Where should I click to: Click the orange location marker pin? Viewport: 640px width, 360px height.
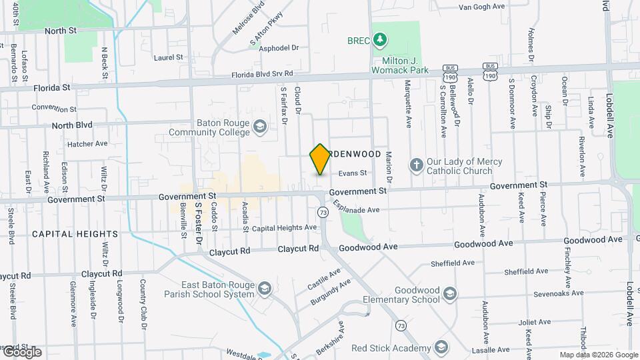(x=320, y=159)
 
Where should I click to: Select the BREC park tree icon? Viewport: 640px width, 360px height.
(x=380, y=40)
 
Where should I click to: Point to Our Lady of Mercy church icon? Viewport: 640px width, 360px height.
(x=417, y=165)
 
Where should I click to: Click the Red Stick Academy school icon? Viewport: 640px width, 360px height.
(x=441, y=347)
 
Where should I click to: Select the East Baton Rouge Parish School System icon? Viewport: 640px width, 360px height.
(x=265, y=288)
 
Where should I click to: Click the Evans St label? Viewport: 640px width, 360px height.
(x=353, y=173)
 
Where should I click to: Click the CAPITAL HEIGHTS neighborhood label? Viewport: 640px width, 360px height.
(x=75, y=234)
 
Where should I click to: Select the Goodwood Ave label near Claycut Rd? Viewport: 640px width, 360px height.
(x=368, y=247)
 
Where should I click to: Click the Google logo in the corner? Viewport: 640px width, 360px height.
(x=21, y=351)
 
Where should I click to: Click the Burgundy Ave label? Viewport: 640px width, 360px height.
(x=331, y=293)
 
